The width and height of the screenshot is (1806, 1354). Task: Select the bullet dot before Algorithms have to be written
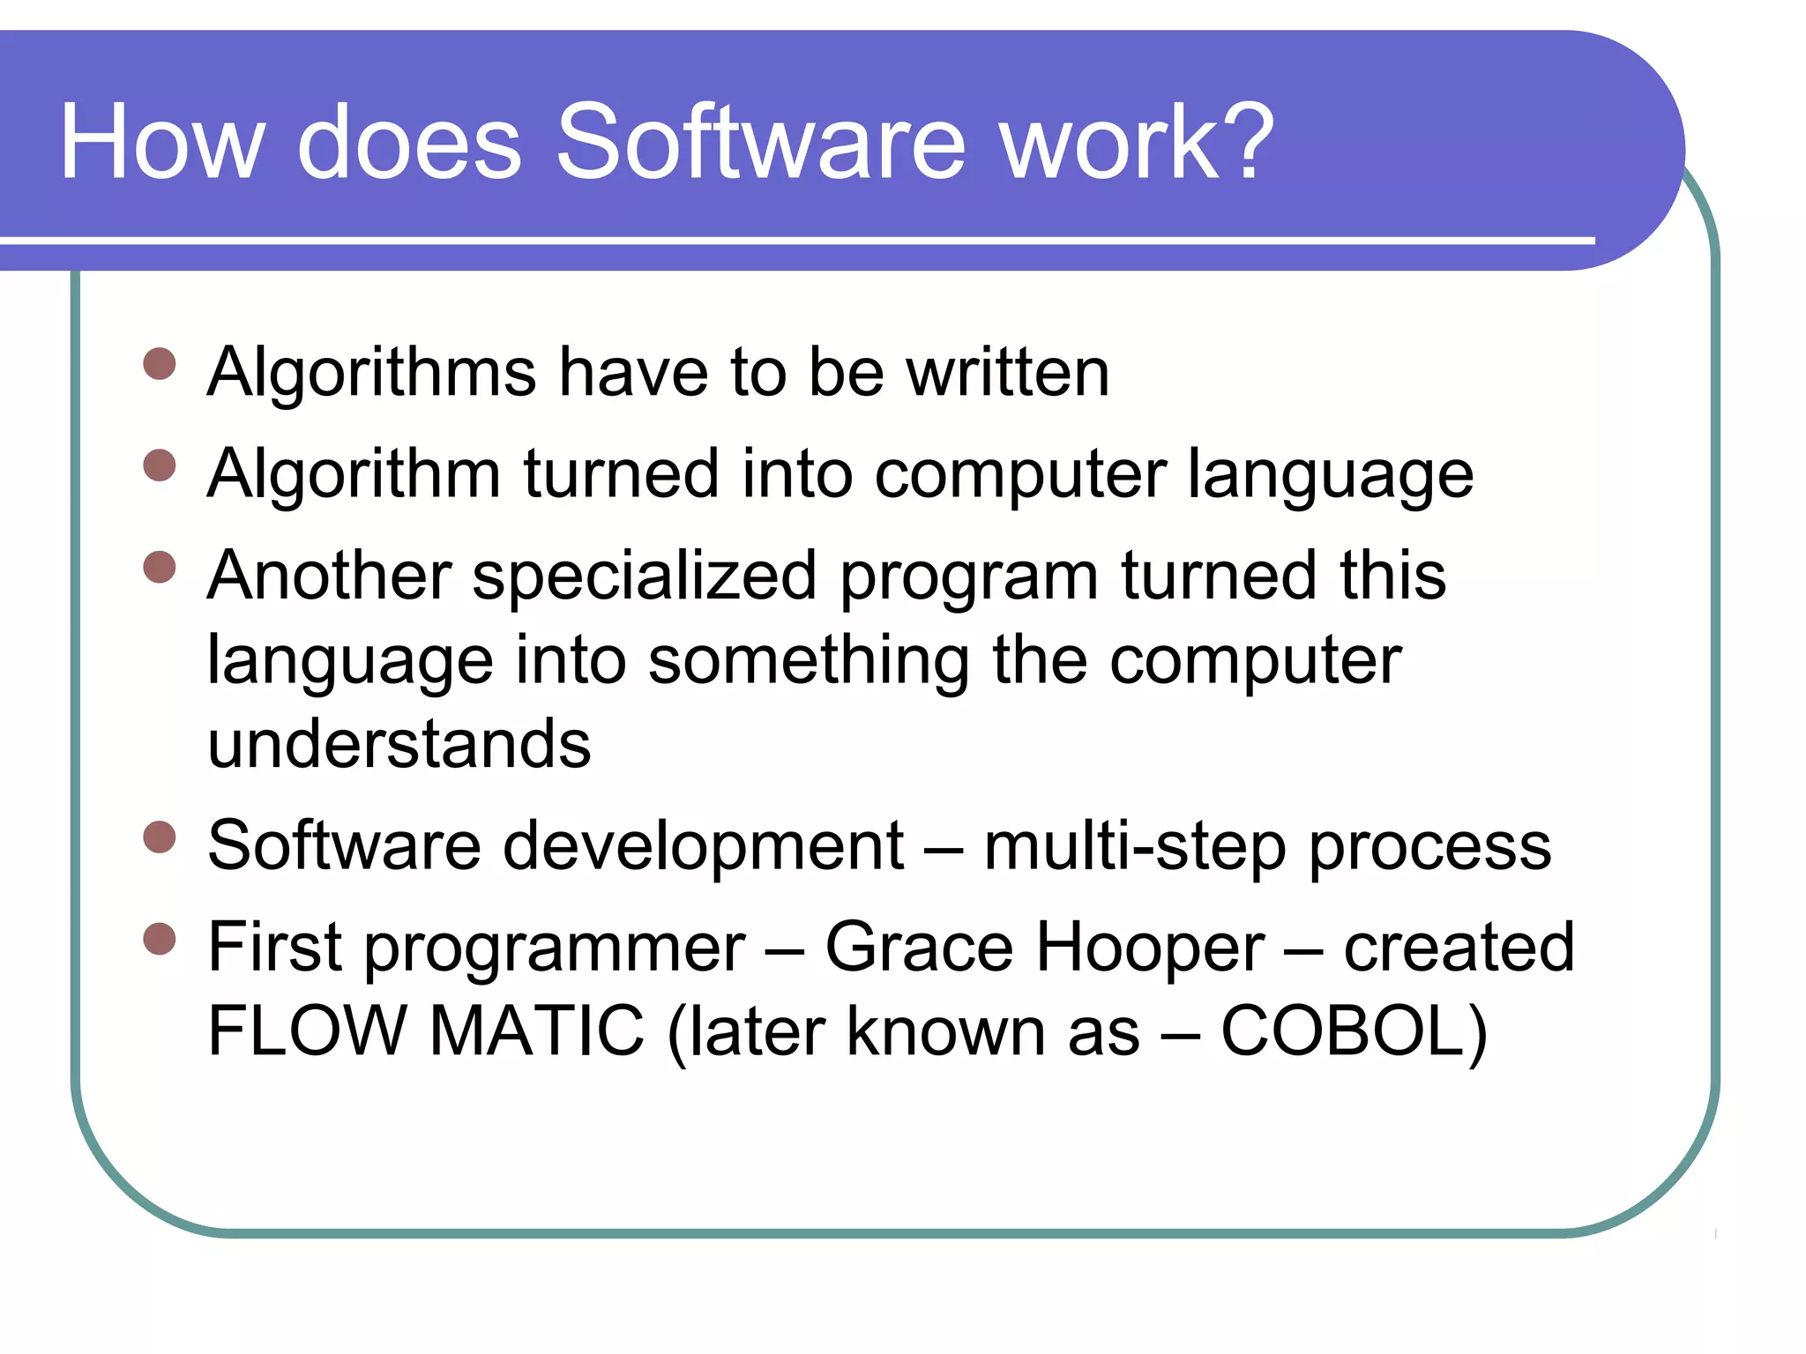coord(160,363)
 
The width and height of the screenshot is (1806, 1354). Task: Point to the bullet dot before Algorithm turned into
coord(160,465)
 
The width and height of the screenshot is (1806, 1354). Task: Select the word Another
coord(330,576)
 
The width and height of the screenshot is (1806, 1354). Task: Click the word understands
coord(399,744)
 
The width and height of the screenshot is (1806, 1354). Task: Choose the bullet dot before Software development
coord(160,837)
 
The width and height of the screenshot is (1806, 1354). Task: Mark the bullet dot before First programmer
coord(160,939)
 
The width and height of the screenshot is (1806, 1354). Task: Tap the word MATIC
coord(537,1030)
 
